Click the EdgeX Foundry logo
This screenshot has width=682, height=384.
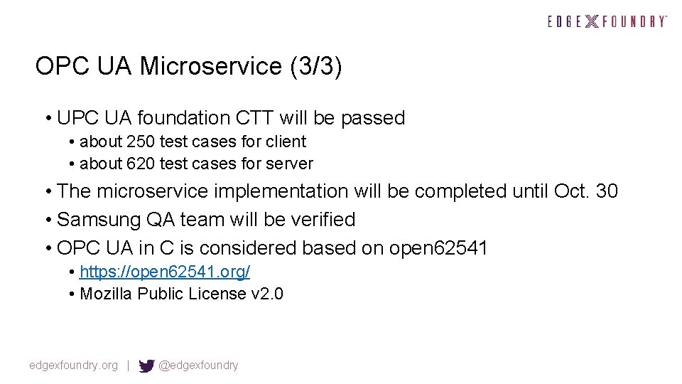(607, 21)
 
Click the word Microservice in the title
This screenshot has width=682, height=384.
(211, 66)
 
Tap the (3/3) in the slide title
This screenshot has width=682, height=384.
(315, 66)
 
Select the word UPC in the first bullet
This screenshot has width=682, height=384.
(77, 118)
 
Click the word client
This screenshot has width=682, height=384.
(285, 142)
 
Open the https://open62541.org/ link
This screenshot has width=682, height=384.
(165, 272)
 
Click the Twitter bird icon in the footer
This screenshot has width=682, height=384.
(146, 366)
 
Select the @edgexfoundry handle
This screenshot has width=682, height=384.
(199, 366)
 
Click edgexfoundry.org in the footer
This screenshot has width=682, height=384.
(73, 366)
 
